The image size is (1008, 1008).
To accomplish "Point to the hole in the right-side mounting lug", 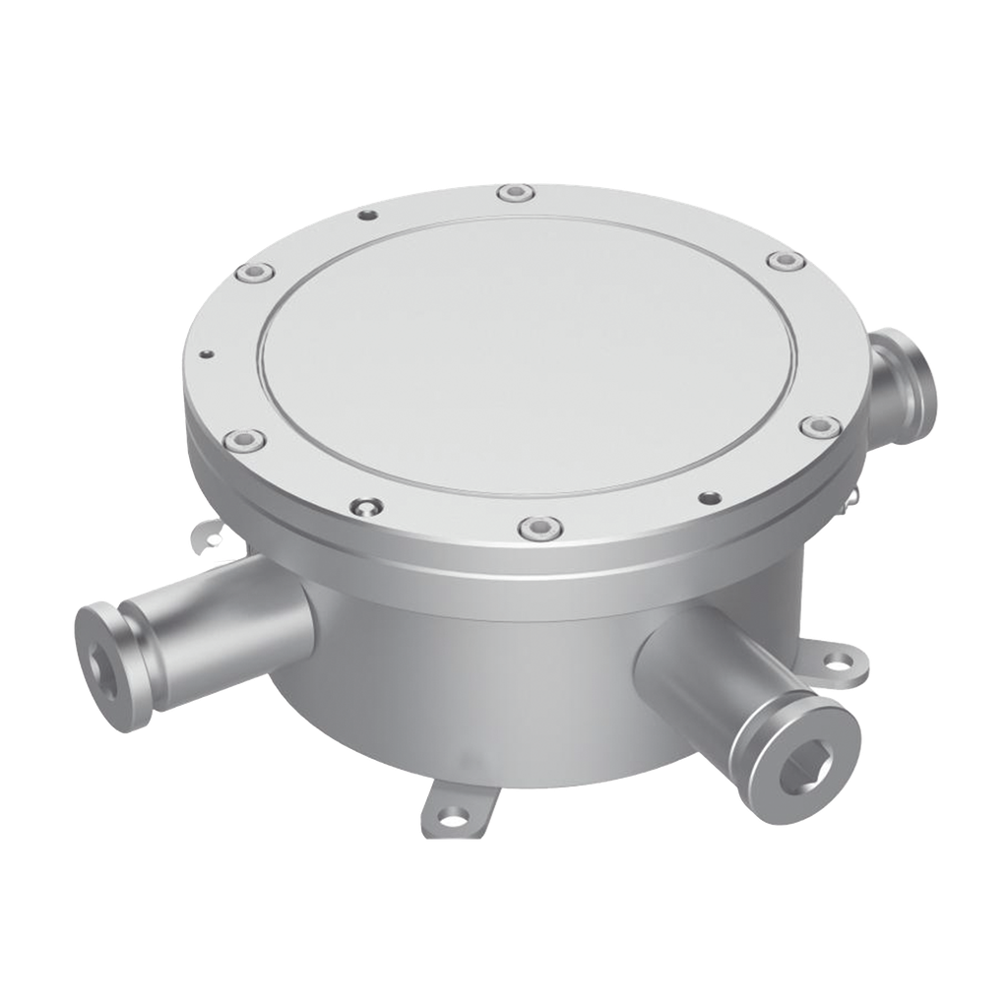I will click(839, 663).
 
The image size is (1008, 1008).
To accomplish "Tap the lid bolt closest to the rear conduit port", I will click(784, 261).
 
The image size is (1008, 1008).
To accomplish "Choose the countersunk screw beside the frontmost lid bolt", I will click(366, 508).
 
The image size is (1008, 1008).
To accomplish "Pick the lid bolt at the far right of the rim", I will click(819, 426).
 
